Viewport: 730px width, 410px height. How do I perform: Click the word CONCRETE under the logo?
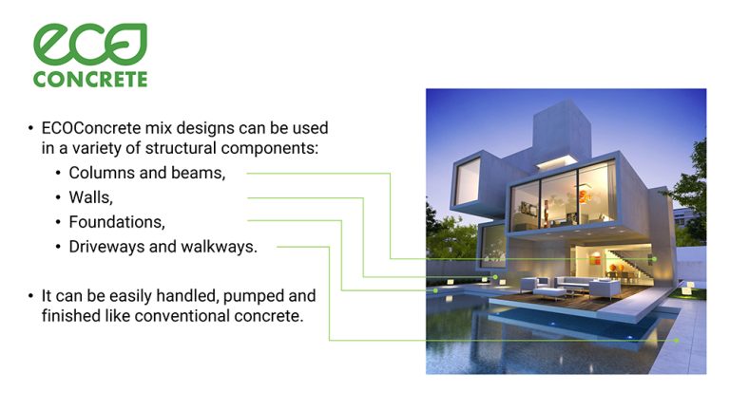pyautogui.click(x=90, y=79)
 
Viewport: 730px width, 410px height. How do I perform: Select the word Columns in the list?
pyautogui.click(x=99, y=173)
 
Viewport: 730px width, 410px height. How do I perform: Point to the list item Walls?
pyautogui.click(x=90, y=197)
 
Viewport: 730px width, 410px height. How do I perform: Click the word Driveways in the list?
pyautogui.click(x=105, y=247)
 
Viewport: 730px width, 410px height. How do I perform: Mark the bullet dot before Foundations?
pyautogui.click(x=57, y=223)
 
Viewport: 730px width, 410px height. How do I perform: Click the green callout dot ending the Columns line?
pyautogui.click(x=654, y=258)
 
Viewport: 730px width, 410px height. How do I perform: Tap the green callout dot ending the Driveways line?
pyautogui.click(x=676, y=340)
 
